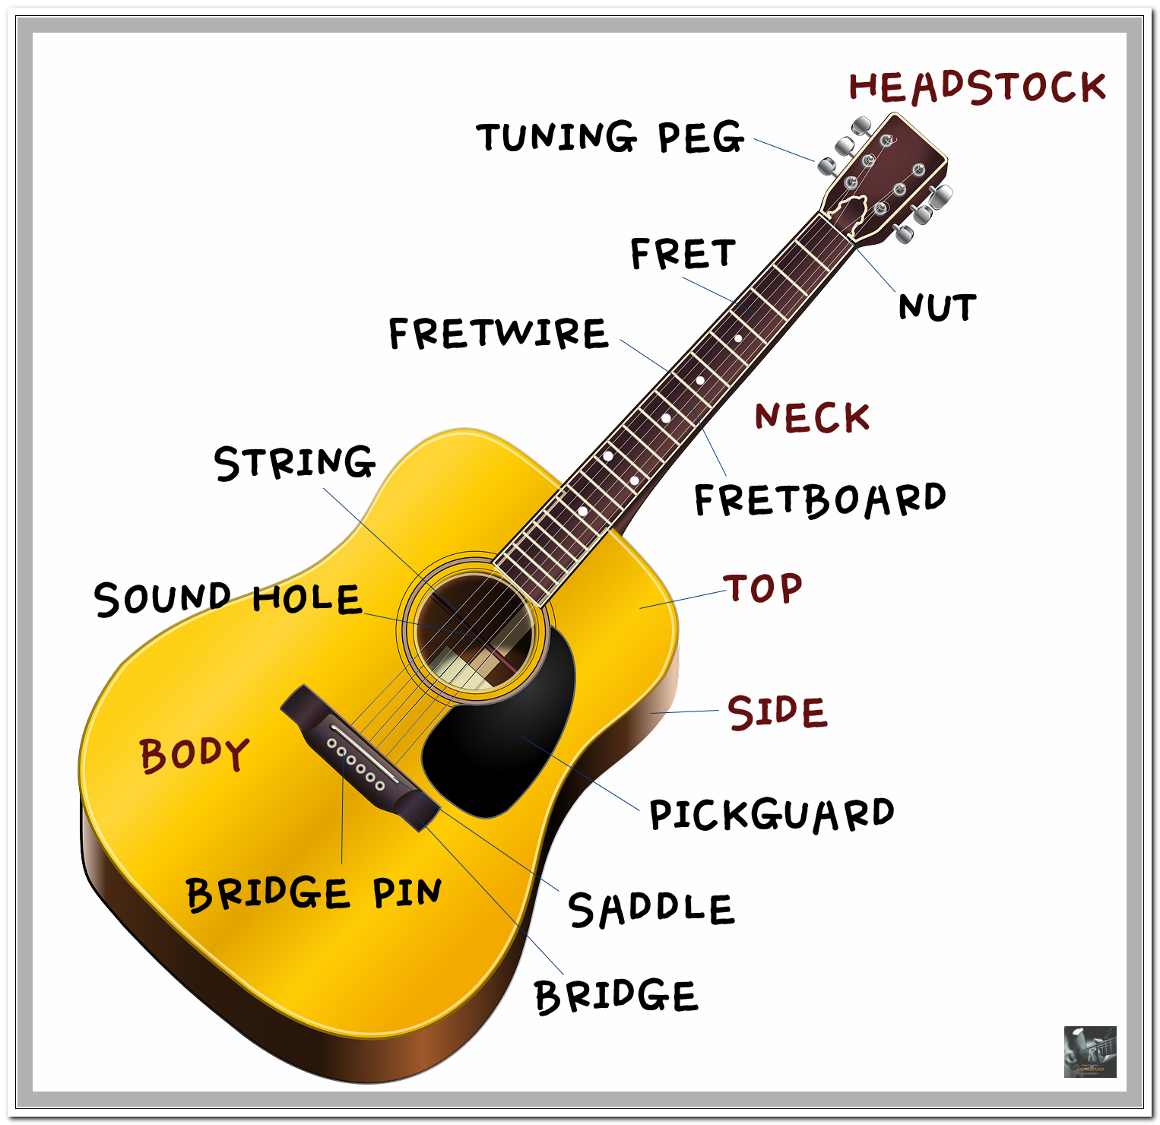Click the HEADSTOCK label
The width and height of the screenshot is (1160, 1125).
977,87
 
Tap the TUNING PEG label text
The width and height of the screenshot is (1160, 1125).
610,138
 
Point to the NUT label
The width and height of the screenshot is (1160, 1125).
937,307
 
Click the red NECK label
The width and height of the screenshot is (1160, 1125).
812,417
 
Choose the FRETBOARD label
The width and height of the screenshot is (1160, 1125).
819,499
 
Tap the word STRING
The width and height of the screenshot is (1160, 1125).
295,462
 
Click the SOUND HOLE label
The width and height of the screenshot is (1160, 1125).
227,599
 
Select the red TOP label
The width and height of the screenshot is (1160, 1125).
762,588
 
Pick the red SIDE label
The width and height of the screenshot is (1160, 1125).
777,712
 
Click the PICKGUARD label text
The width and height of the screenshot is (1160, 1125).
771,815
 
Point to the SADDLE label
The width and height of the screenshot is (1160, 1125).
651,909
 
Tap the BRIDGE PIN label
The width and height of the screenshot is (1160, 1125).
313,892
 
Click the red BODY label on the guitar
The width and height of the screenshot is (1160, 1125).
195,755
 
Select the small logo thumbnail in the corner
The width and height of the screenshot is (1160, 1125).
1090,1052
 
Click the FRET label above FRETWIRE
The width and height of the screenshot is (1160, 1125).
683,254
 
